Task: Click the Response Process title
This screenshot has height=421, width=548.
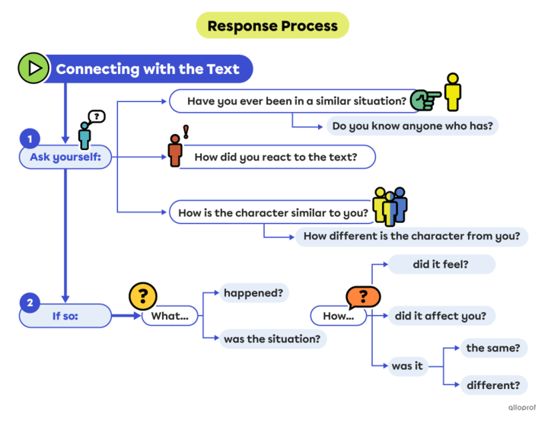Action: pos(272,26)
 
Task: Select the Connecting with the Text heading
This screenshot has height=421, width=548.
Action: pos(148,69)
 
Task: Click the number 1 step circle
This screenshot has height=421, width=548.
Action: pos(30,139)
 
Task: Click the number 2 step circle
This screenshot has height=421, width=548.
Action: pos(30,303)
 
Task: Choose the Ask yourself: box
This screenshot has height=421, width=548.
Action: pos(65,158)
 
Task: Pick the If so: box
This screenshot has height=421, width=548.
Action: pos(65,315)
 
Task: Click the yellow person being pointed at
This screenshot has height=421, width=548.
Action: pos(453,93)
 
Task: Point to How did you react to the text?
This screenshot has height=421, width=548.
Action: pos(275,158)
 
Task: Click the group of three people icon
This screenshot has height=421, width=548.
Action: pos(390,206)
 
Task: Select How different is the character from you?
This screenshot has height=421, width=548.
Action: pos(412,236)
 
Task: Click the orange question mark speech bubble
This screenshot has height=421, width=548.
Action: pos(362,296)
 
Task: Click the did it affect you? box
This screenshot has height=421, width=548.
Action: pos(442,315)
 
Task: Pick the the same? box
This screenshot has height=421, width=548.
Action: pos(493,348)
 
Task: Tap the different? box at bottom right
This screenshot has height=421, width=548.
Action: pos(493,384)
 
